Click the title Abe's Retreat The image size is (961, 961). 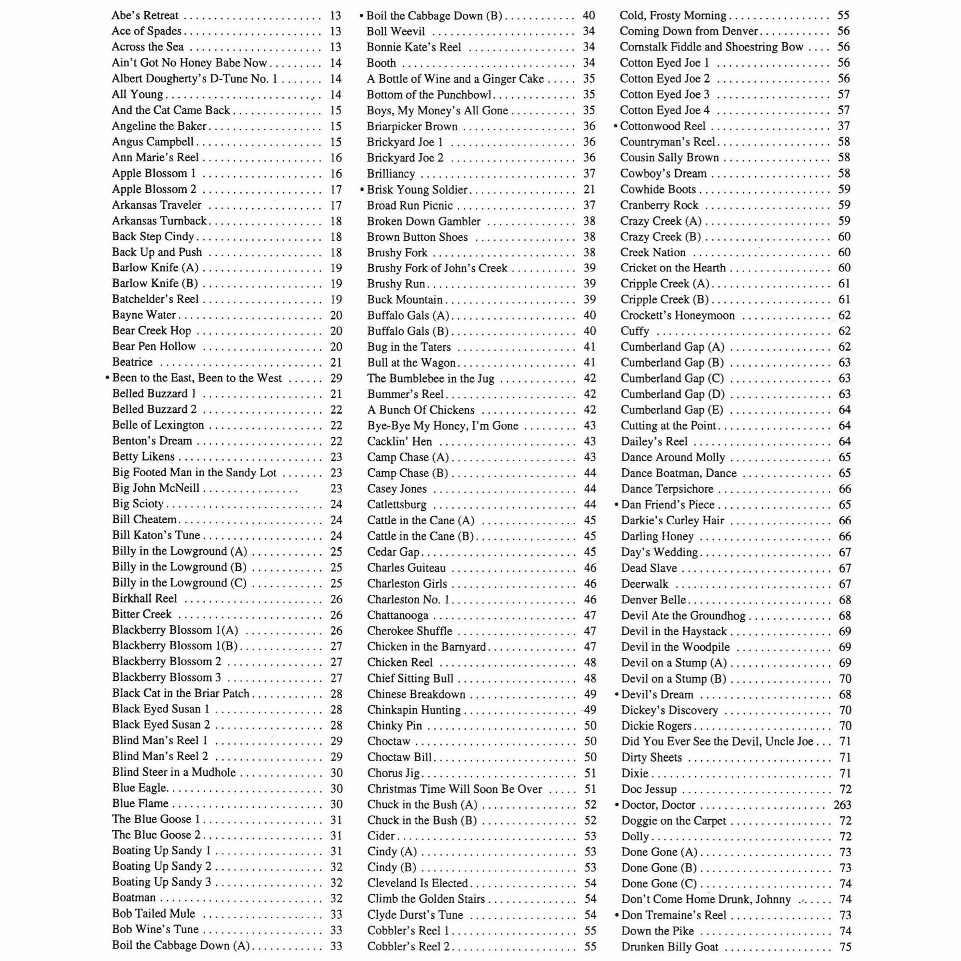tap(145, 15)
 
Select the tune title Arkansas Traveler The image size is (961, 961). tap(157, 205)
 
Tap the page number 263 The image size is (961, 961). tap(842, 805)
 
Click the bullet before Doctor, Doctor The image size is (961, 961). tap(617, 805)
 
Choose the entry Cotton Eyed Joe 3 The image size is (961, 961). tap(665, 94)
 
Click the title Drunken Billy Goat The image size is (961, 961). tap(669, 947)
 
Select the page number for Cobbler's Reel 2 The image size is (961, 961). tap(590, 947)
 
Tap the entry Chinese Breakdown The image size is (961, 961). tap(416, 694)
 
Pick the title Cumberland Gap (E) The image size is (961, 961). tap(672, 410)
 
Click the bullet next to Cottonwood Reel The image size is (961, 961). tap(616, 126)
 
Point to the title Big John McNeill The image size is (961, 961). tap(156, 488)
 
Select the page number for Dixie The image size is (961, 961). tap(845, 774)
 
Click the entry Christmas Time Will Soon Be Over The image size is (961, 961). tap(455, 789)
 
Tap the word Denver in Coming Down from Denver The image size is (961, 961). tap(739, 31)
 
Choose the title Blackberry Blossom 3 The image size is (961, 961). tap(167, 678)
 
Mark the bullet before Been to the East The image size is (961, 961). tap(108, 378)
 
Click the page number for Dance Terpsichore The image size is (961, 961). tap(845, 489)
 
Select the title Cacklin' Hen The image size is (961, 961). tap(399, 441)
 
